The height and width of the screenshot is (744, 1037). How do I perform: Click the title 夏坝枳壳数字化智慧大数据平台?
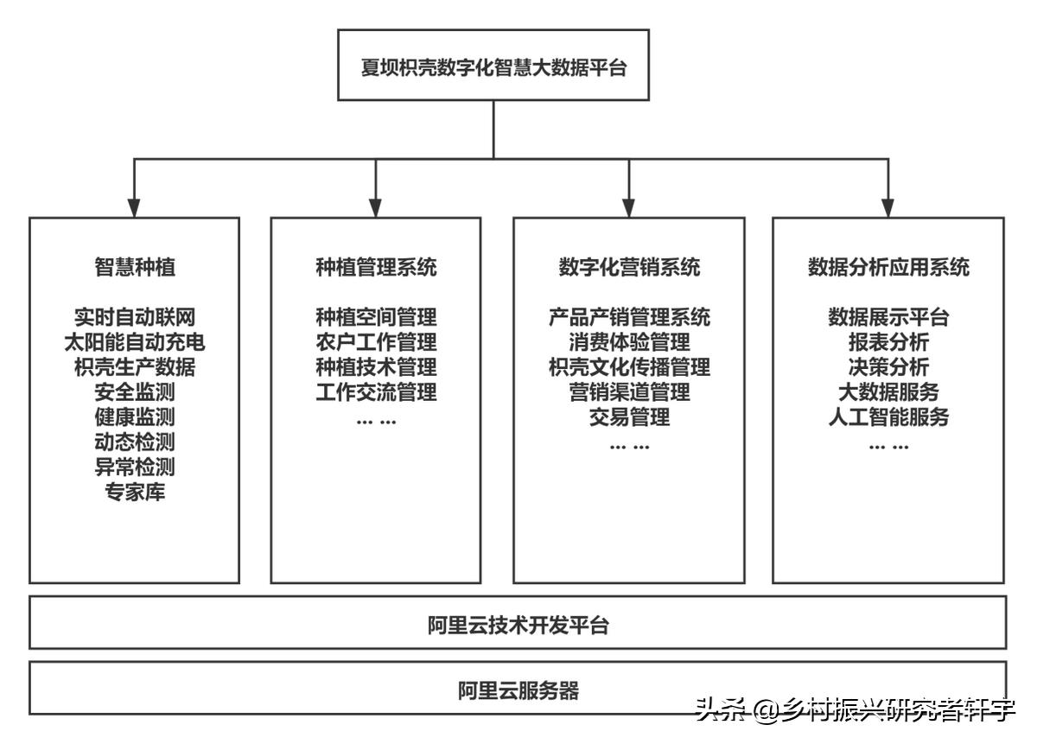click(493, 67)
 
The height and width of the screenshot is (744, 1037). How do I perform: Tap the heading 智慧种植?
click(134, 267)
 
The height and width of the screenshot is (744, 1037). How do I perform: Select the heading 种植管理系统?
click(376, 267)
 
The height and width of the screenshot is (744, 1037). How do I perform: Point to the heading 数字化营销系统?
click(629, 267)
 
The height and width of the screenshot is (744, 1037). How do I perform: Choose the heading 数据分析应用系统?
click(888, 267)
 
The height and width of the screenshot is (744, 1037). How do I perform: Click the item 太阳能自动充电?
click(134, 342)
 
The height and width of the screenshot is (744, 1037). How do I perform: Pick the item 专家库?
click(134, 493)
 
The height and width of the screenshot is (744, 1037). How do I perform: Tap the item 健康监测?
click(134, 417)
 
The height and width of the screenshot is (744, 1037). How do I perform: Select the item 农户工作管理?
click(376, 342)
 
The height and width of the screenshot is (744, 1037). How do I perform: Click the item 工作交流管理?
click(376, 392)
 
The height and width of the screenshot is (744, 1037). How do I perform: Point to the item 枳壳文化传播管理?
click(629, 367)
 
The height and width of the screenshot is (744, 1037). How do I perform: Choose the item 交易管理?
click(629, 417)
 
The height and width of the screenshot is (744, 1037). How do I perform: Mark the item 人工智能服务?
click(888, 417)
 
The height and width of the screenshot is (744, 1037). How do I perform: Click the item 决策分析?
click(888, 367)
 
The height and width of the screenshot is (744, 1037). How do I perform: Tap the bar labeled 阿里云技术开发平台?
click(518, 625)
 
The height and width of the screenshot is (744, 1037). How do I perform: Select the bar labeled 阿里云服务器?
click(518, 690)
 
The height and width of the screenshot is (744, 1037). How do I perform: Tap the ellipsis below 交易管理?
click(629, 446)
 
